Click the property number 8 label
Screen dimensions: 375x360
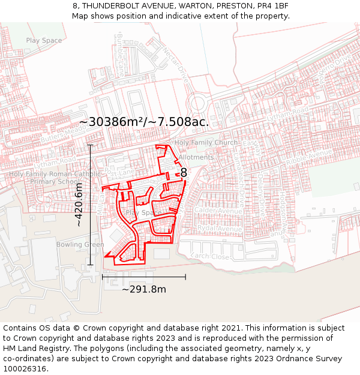(184, 173)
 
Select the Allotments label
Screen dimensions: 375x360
(196, 157)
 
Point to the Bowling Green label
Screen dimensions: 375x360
(80, 245)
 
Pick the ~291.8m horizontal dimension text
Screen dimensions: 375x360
(144, 289)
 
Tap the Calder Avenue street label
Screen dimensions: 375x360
(218, 212)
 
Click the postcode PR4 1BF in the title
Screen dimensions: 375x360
(275, 5)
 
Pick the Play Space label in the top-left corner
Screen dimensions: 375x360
(44, 41)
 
